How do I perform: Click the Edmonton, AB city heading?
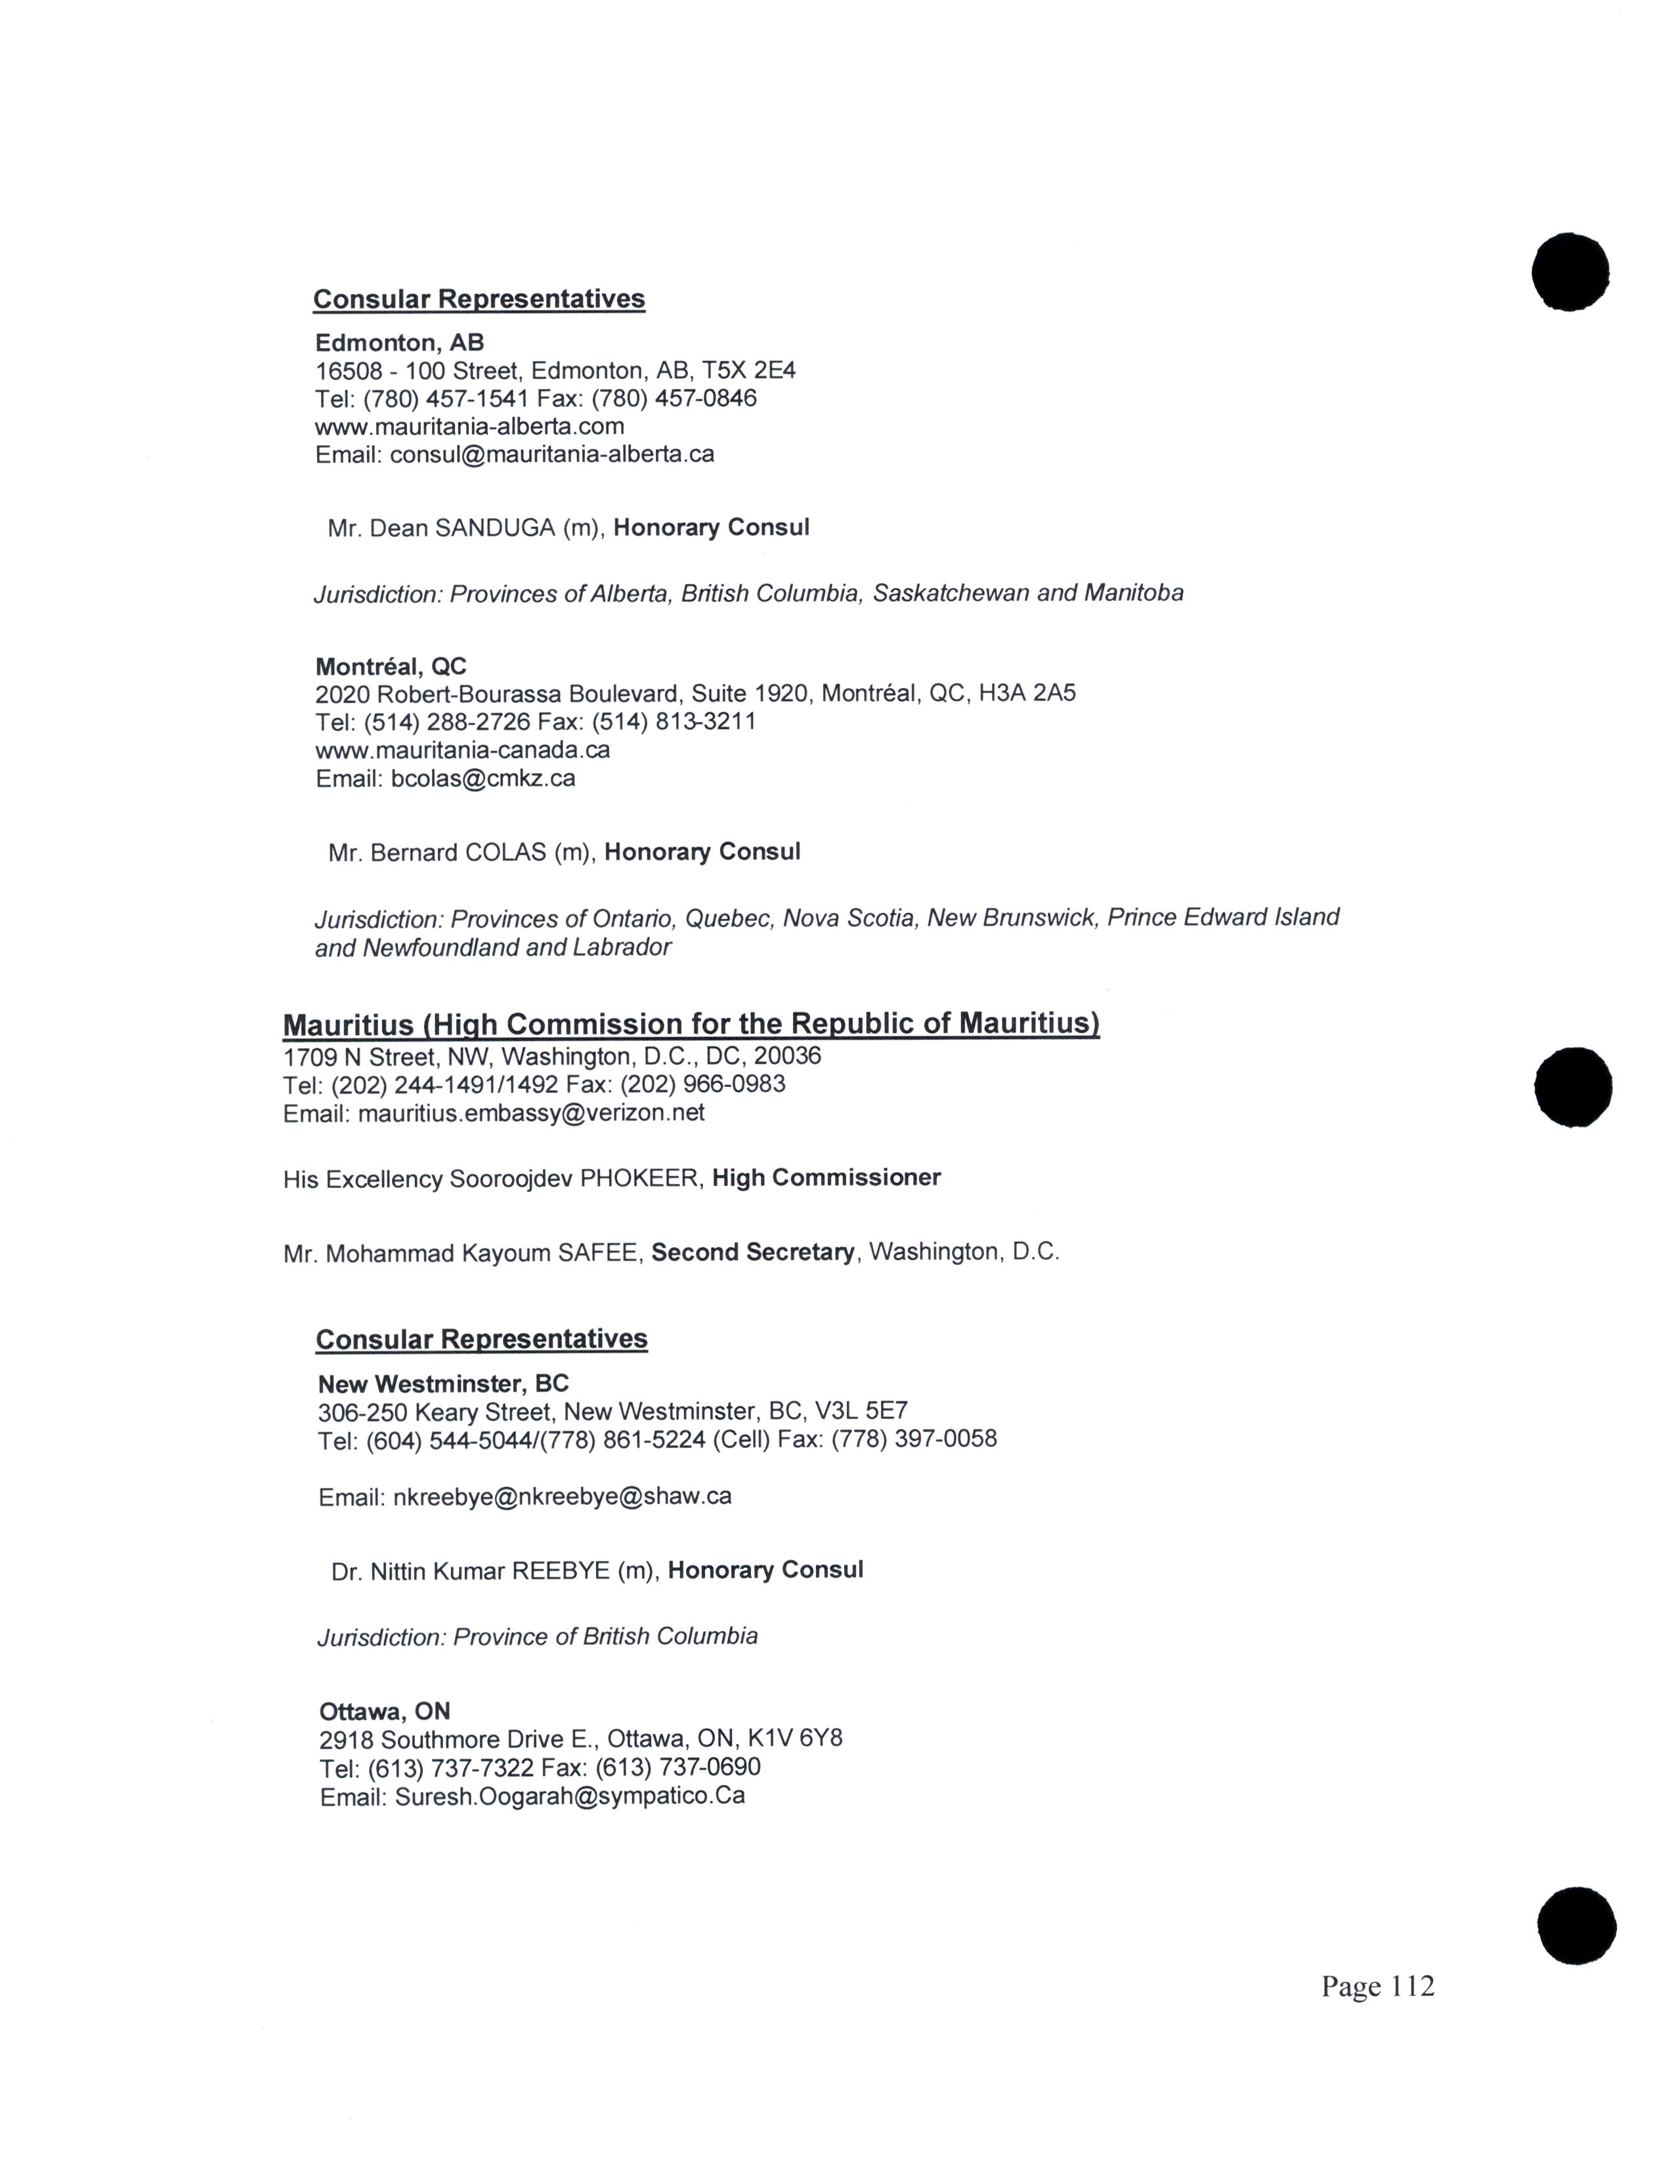[400, 343]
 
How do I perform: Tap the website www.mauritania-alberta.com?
[469, 427]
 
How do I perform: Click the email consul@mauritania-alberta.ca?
[551, 454]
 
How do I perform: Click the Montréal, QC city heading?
[391, 666]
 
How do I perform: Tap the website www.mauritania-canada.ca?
[462, 750]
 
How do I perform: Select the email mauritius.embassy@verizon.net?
[530, 1113]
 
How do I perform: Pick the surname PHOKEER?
[639, 1179]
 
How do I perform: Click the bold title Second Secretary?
[752, 1252]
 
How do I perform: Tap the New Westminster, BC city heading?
[443, 1384]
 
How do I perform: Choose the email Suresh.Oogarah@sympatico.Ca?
[569, 1796]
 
